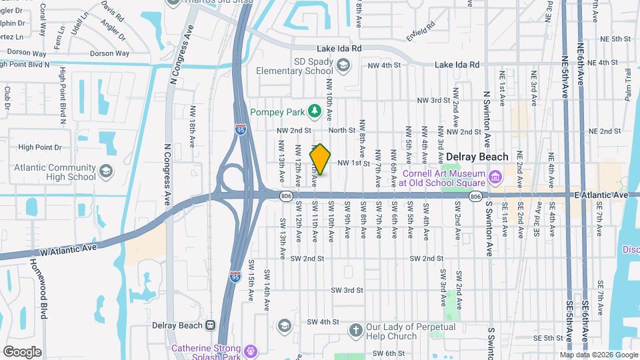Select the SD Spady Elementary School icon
pos(343,65)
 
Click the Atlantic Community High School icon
pos(105,173)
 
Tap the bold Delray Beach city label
pos(477,157)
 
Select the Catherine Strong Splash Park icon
pos(250,349)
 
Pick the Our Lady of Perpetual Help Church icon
pos(356,330)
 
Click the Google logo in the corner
pos(22,351)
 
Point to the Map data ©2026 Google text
pos(603,355)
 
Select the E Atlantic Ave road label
pos(601,195)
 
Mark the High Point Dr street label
pos(39,147)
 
